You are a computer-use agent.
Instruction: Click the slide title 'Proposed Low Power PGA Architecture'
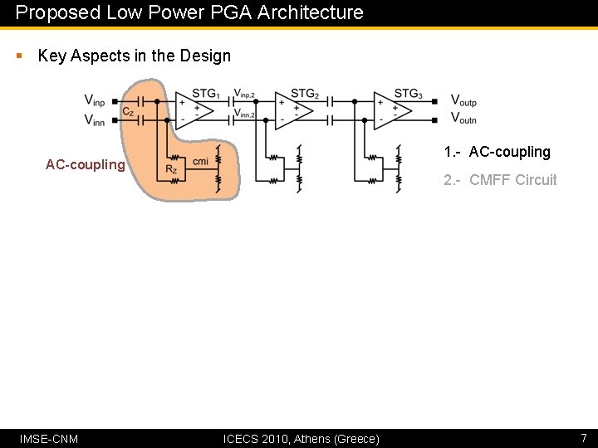point(189,12)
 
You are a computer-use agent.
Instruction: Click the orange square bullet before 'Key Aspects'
point(19,56)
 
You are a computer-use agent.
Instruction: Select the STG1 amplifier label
point(205,94)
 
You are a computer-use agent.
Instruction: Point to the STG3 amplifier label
point(408,94)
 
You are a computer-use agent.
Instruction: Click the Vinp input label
point(95,100)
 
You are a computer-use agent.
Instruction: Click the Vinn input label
point(95,120)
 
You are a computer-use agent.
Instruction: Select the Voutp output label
point(463,100)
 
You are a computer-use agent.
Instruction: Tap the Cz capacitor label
point(128,111)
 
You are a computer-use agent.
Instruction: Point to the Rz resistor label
point(171,169)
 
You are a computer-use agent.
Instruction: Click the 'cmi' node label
point(200,161)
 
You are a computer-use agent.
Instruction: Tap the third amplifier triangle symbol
point(391,110)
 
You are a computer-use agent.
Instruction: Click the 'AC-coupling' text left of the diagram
point(85,164)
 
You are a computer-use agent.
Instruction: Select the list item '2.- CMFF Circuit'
point(500,180)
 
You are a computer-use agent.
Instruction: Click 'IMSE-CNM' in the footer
point(49,438)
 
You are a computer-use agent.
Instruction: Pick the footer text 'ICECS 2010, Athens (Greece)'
point(301,438)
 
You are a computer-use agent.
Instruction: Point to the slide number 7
point(583,437)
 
